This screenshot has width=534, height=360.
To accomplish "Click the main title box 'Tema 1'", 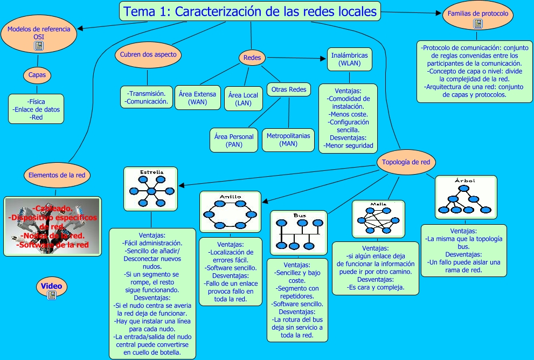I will coord(250,11).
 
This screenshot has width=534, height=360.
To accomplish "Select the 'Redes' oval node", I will coord(252,58).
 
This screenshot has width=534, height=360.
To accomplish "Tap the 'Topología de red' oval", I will coord(405,162).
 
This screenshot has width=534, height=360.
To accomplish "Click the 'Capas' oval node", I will coord(37,75).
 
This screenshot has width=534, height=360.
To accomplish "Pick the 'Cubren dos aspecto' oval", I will coord(148,54).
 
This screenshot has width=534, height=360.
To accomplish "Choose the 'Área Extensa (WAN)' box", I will coord(197,98).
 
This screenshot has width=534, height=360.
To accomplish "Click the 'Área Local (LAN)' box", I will coord(243,99).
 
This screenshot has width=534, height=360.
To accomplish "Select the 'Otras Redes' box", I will coord(289,89).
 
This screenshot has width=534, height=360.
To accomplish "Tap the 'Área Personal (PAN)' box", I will coord(234,140).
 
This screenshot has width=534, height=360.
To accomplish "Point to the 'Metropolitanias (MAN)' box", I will coord(288,140).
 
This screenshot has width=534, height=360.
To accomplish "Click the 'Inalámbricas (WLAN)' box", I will coord(350,59).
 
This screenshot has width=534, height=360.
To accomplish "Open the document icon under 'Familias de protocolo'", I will coord(478,24).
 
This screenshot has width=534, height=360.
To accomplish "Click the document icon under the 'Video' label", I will coord(52,295).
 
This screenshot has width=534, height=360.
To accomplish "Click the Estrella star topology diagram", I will coord(151,189).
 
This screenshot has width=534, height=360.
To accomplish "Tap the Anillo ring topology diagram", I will coord(231,211).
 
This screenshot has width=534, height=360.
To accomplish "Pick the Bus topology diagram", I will coord(299,232).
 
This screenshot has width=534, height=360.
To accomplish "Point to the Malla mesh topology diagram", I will coord(378,219).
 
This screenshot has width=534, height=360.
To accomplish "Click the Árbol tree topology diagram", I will coord(465,196).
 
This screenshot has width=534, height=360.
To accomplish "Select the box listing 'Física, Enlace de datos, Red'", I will coord(36,109).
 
